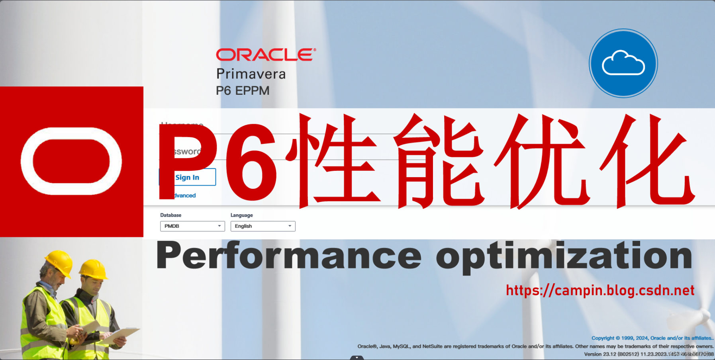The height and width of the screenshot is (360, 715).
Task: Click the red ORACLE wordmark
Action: (266, 55)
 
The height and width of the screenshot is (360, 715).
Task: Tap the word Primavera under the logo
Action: (251, 74)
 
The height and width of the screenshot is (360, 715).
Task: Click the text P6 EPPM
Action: (243, 91)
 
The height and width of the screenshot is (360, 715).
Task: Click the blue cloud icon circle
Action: (623, 63)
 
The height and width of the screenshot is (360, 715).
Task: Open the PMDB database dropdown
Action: (192, 226)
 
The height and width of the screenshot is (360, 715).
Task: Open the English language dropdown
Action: (263, 226)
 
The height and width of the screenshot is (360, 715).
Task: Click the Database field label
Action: (170, 215)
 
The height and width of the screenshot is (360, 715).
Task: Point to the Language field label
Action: (241, 215)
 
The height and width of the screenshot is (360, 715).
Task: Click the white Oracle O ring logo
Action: (71, 161)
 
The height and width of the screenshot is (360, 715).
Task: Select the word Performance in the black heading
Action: (289, 256)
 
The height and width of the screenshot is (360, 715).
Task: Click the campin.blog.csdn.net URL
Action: (600, 290)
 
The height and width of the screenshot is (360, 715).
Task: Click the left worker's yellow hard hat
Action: (59, 262)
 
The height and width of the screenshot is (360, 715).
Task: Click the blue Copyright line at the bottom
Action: (652, 338)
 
